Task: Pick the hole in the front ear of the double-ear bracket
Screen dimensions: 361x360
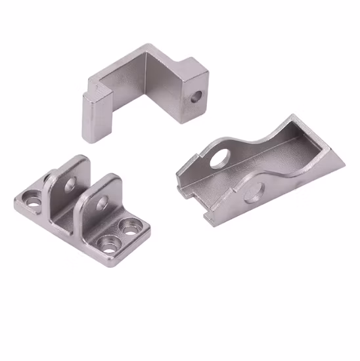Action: [101, 203]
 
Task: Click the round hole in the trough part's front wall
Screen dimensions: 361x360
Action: [253, 192]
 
